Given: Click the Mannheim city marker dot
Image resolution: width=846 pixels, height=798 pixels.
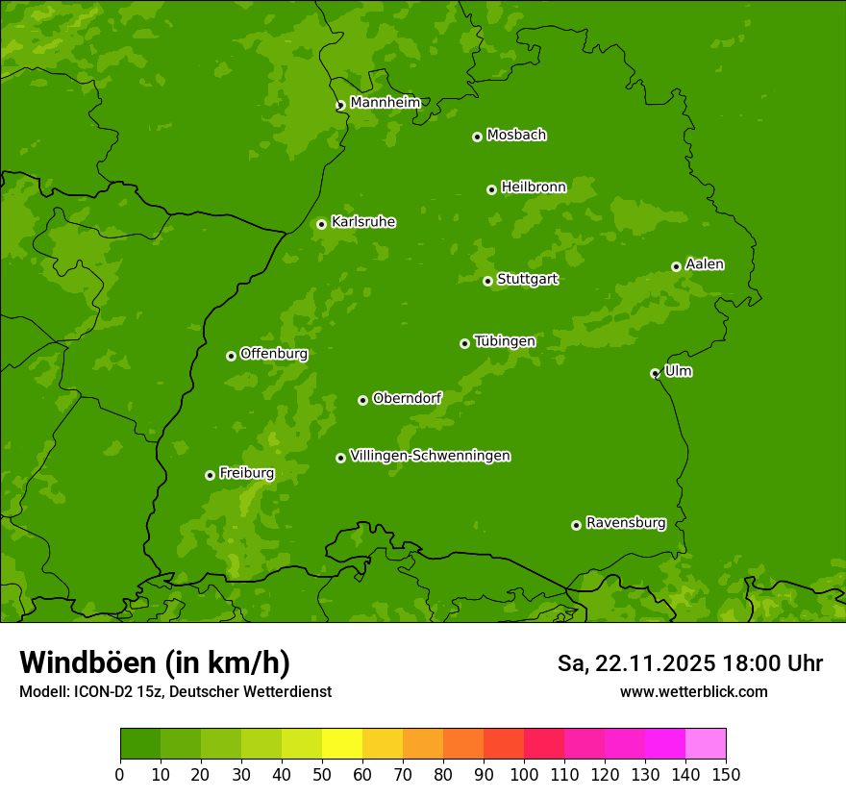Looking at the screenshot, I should click(x=340, y=106).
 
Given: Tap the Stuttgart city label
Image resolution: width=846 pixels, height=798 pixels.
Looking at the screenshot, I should click(x=527, y=280).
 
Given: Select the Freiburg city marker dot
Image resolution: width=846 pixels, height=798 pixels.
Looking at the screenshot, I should click(x=210, y=475).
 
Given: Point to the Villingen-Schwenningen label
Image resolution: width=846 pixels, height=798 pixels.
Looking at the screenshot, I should click(x=430, y=456).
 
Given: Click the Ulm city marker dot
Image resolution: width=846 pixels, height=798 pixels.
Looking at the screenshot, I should click(x=655, y=373).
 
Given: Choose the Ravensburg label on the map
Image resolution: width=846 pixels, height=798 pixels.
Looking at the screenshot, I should click(x=625, y=523).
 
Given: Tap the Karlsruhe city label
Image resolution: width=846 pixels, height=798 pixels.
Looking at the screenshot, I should click(x=362, y=222).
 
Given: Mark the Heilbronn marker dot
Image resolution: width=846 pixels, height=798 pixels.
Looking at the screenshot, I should click(x=491, y=189).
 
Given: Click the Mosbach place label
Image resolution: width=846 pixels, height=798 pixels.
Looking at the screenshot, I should click(x=516, y=136).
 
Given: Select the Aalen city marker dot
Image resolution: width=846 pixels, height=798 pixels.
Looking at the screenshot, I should click(x=676, y=266).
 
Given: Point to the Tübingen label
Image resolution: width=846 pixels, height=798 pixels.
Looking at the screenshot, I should click(x=504, y=341).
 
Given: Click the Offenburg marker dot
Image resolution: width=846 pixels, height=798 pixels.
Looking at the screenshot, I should click(x=231, y=356).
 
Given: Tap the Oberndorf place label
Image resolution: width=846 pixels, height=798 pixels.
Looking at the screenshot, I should click(x=407, y=398).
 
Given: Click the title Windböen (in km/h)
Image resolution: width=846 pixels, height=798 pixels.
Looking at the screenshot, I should click(x=155, y=662).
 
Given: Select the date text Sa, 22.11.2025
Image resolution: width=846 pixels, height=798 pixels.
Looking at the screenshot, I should click(x=636, y=663).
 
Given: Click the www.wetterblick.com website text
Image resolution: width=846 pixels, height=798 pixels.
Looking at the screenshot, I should click(x=693, y=691).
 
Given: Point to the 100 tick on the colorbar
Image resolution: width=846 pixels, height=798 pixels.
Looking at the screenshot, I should click(x=524, y=774).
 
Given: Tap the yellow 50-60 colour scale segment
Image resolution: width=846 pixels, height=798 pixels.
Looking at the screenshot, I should click(x=341, y=744).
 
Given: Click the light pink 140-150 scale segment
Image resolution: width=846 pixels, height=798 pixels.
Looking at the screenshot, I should click(x=705, y=744).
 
